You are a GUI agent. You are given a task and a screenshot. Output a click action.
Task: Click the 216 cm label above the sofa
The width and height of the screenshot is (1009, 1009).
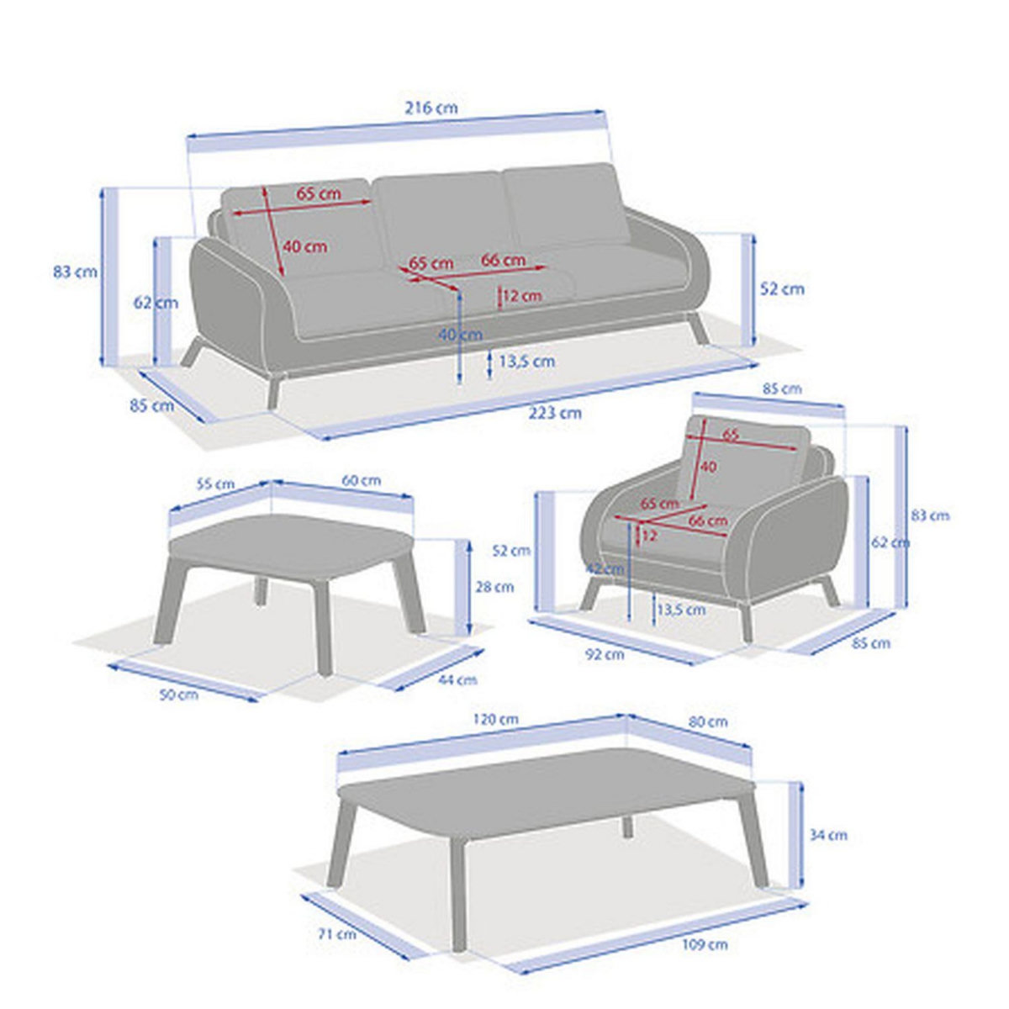[431, 108]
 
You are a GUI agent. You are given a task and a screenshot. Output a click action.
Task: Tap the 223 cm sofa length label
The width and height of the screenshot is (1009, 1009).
[555, 413]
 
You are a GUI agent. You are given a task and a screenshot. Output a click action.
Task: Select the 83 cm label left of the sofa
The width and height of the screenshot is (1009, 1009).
[76, 272]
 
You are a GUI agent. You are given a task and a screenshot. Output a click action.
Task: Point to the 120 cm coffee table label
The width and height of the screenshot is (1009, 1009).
[495, 719]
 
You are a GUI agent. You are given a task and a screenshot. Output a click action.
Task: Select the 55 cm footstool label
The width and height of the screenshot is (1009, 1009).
[216, 484]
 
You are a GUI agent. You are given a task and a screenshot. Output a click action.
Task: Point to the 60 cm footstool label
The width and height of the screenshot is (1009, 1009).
[362, 480]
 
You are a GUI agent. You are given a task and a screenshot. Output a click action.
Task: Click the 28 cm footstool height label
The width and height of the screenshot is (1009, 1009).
[494, 587]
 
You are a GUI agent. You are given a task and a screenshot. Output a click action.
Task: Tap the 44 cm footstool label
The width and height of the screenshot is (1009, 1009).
[458, 679]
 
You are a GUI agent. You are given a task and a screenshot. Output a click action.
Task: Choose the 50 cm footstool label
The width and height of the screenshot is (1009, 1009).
[179, 695]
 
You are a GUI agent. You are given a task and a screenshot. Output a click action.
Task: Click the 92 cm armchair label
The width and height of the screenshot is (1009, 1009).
[605, 654]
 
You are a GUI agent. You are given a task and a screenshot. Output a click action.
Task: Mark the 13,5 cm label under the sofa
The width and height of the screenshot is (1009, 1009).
[526, 362]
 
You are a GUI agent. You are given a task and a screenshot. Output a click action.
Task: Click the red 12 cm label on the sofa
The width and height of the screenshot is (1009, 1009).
[522, 296]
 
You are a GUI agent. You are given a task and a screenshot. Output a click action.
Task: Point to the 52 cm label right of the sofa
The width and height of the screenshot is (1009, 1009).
[782, 289]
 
